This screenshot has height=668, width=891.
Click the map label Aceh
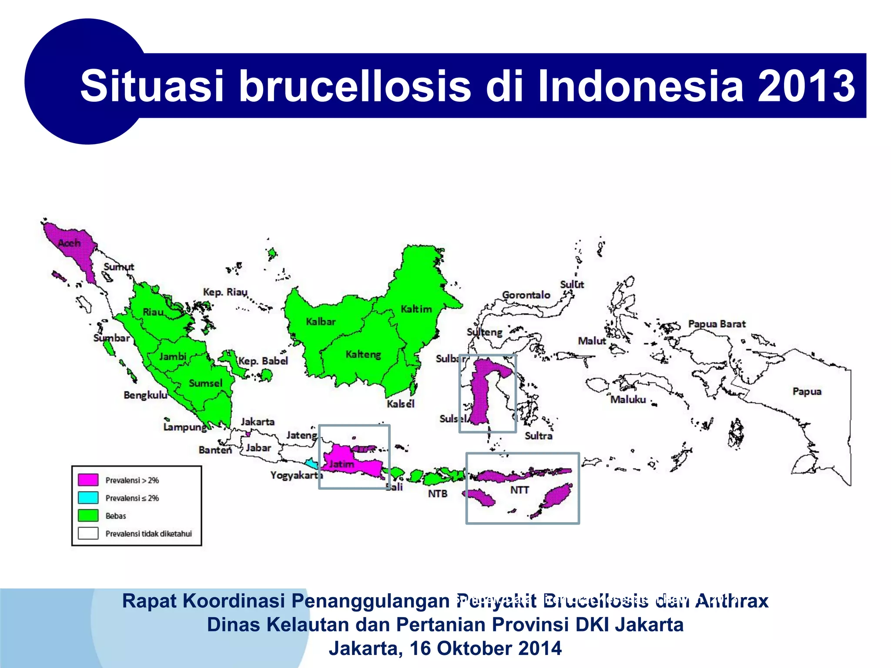click(x=70, y=243)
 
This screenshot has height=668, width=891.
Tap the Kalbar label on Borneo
click(x=321, y=322)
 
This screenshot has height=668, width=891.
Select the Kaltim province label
click(x=416, y=309)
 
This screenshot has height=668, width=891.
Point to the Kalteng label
click(x=363, y=354)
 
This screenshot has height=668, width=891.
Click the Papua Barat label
click(x=717, y=324)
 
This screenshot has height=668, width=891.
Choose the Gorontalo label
click(x=526, y=295)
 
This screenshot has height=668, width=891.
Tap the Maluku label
click(x=628, y=399)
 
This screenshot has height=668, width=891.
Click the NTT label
click(x=519, y=490)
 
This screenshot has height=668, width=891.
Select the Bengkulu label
click(x=145, y=395)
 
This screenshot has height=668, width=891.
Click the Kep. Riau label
click(x=225, y=292)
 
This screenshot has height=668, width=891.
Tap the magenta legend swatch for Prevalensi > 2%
click(x=88, y=480)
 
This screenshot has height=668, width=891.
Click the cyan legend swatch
click(x=88, y=498)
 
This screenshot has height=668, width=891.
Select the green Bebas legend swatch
click(x=88, y=515)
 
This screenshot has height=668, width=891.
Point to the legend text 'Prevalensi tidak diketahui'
click(x=148, y=534)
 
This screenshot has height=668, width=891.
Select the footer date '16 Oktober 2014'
click(x=486, y=648)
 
